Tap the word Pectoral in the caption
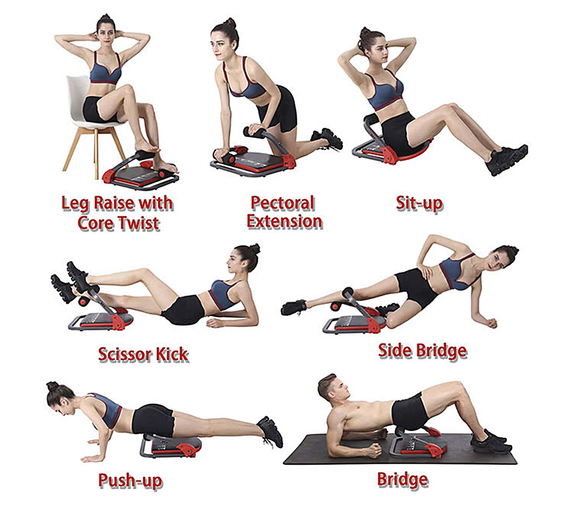pos(283,203)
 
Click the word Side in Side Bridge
pos(395,350)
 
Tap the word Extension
pos(284,221)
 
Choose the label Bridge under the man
pos(402,479)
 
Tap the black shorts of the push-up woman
pos(153,420)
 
